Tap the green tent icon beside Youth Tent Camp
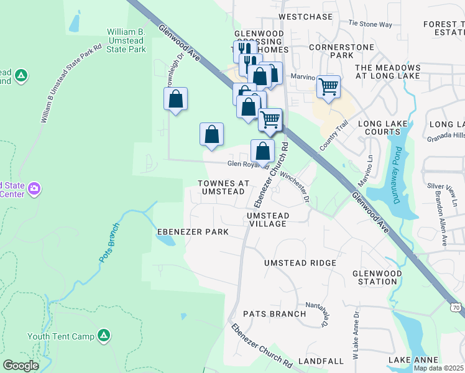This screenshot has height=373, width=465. tap(104, 336)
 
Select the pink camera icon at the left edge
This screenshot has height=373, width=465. tap(34, 188)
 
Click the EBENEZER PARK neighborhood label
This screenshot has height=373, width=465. tap(193, 232)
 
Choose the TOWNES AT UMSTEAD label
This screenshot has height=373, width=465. tap(223, 187)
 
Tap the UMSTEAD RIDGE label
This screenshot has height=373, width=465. tap(300, 263)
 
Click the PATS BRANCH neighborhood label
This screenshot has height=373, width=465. tap(274, 314)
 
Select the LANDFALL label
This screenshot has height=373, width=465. tap(321, 361)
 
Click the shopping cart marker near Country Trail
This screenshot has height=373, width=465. tap(328, 86)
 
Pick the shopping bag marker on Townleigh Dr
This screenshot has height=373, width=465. tap(176, 98)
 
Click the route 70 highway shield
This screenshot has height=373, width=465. tap(456, 307)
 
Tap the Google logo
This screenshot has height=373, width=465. tap(21, 366)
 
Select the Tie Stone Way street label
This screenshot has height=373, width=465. tap(371, 24)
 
